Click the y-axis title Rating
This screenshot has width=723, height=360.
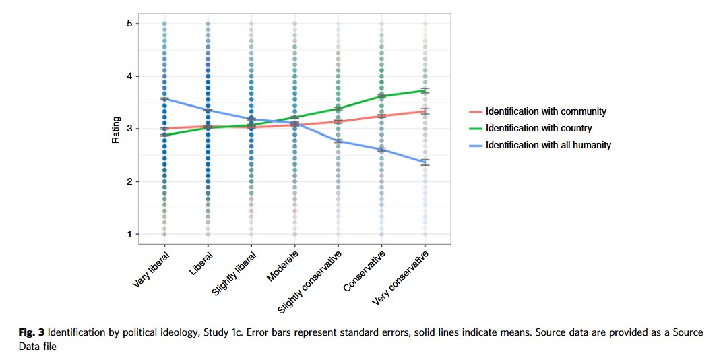115,130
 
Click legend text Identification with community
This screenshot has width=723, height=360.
546,111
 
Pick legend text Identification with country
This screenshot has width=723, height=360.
539,128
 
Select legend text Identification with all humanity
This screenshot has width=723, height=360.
548,145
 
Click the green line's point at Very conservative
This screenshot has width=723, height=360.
425,90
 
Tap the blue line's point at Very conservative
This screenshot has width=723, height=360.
425,162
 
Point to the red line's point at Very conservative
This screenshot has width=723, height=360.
425,111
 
